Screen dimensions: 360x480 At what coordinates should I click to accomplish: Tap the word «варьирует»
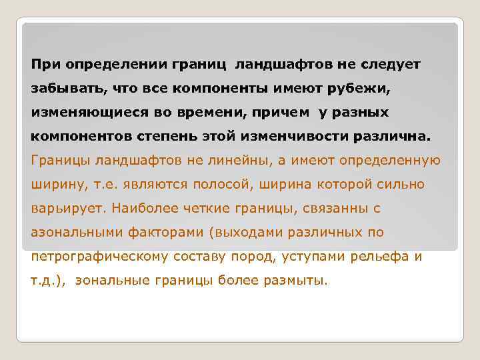click(x=68, y=209)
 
